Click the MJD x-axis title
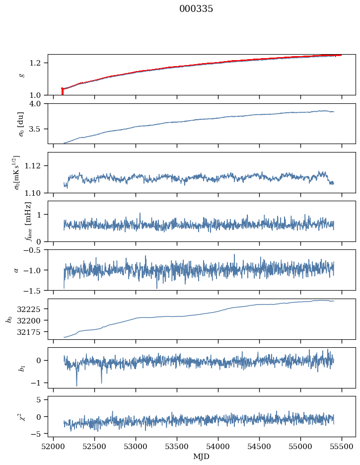tap(201, 456)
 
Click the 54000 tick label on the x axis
tap(218, 446)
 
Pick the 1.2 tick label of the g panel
tap(38, 63)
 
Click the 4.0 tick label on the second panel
tap(38, 103)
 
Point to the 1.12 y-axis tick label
tap(36, 165)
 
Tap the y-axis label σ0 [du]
tap(21, 124)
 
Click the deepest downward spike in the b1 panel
tap(76, 385)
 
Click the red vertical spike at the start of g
tap(62, 91)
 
